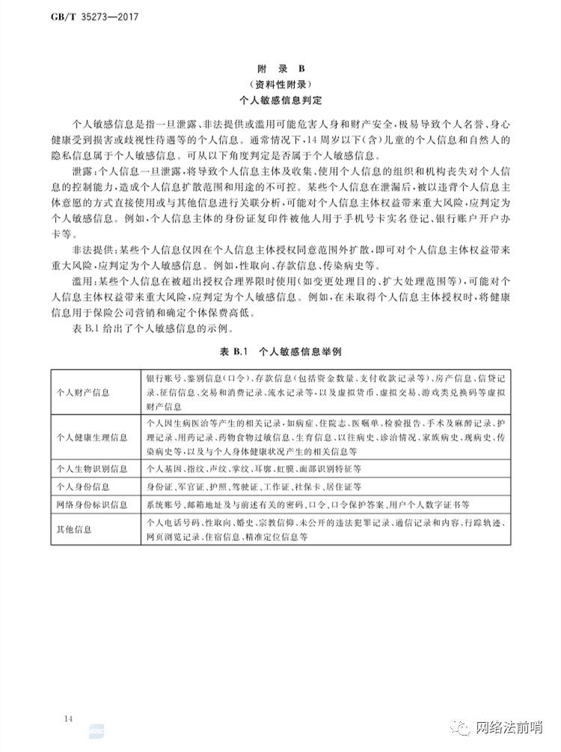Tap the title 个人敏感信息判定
click(280, 99)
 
